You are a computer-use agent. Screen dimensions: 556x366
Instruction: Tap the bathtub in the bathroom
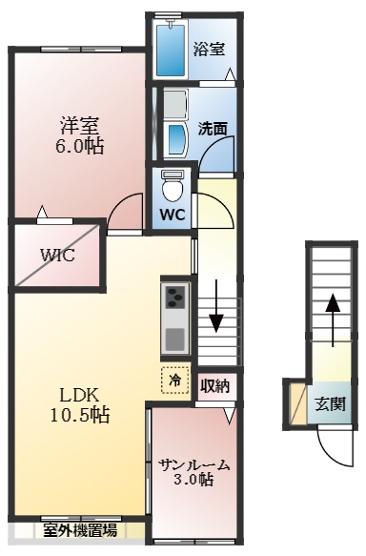173,49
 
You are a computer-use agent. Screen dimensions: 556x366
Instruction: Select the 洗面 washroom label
212,127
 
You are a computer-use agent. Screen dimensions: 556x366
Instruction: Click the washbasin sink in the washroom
176,140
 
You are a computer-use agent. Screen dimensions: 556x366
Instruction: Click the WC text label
173,215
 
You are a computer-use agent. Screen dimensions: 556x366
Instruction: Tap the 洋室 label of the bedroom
80,125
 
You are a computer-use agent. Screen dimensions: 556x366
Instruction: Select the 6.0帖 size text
80,147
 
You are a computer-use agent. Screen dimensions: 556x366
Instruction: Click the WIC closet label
56,255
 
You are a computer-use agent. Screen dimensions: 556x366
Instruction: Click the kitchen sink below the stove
175,338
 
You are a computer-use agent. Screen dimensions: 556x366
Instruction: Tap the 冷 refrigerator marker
175,380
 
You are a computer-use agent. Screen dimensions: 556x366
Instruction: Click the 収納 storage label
215,386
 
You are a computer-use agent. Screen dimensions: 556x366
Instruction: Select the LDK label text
80,395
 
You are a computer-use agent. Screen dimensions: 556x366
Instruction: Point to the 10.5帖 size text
80,416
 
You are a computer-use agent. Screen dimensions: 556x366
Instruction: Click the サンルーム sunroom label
194,464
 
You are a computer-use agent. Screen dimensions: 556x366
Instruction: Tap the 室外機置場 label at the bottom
79,529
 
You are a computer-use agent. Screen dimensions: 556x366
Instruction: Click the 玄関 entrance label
331,402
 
